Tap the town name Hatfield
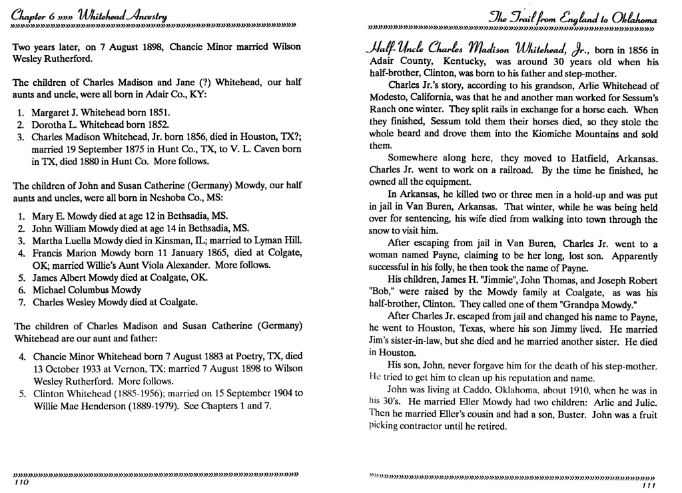pos(575,158)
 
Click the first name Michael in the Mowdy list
pos(51,290)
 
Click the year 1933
pos(85,369)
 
